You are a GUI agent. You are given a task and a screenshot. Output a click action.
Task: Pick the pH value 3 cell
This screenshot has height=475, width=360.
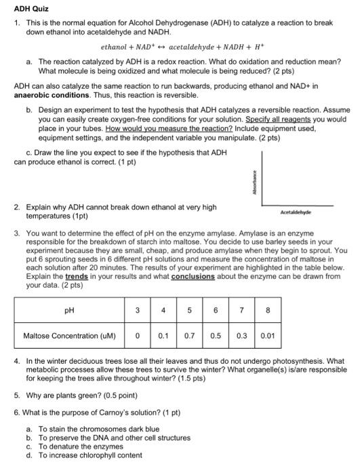pos(138,311)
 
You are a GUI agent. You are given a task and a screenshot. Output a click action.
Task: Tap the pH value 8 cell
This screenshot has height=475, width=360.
pos(268,311)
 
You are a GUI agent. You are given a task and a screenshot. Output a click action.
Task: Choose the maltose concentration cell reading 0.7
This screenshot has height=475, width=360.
pos(190,335)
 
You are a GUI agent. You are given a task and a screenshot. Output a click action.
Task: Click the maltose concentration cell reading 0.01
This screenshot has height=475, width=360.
pos(268,335)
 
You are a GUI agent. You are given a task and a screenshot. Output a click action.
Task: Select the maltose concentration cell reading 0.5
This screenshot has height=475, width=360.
pos(216,335)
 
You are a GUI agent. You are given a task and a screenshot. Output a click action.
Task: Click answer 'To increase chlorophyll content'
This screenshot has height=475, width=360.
pos(90,455)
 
